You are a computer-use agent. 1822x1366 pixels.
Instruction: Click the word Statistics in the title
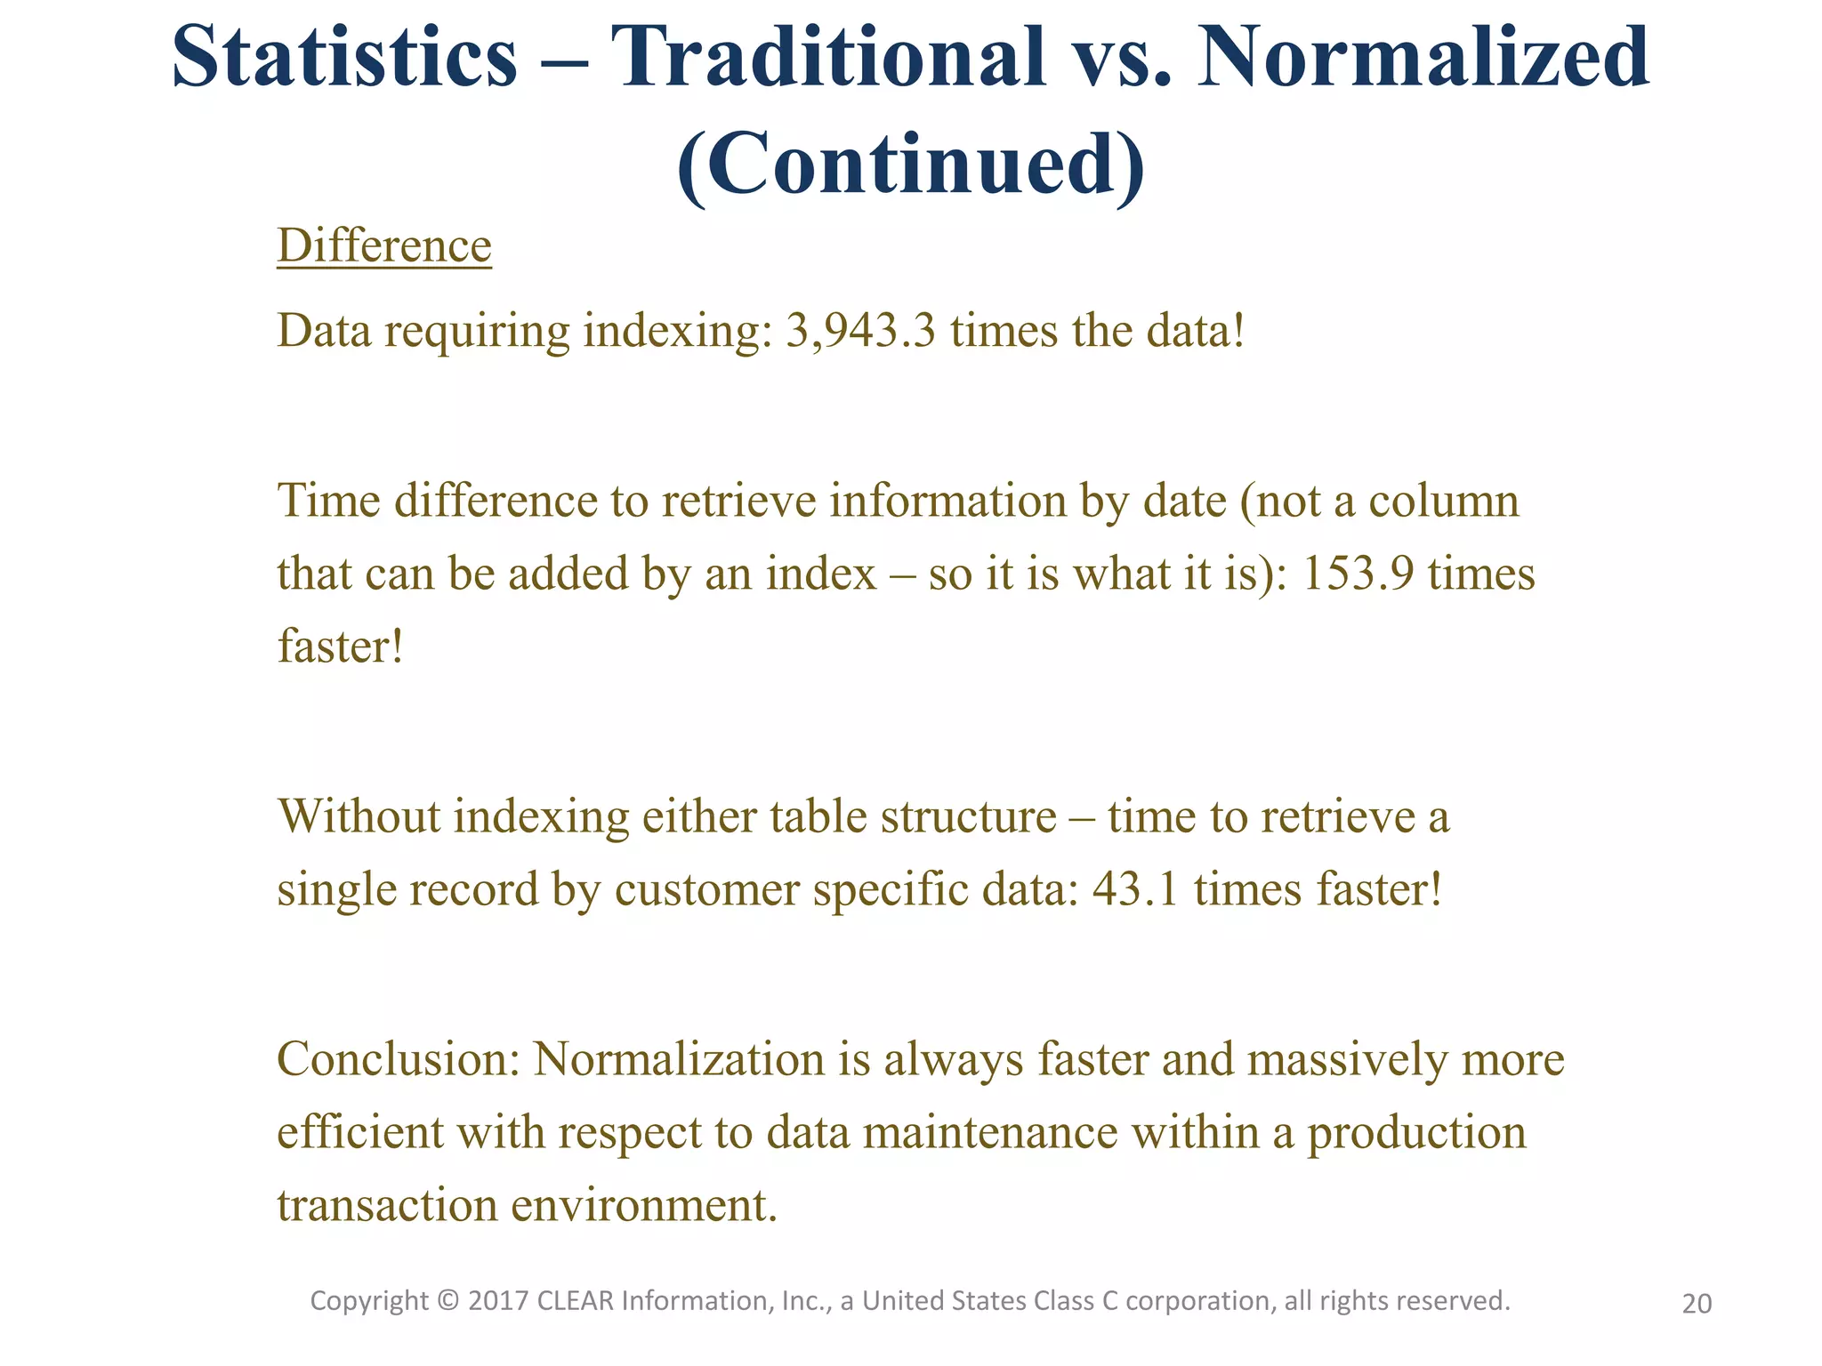click(344, 57)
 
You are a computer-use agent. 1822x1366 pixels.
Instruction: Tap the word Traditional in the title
click(828, 57)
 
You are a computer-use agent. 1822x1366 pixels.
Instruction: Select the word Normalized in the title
click(1423, 57)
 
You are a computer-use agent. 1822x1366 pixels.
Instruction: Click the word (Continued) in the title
click(911, 165)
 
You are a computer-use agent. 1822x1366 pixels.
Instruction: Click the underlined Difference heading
click(384, 245)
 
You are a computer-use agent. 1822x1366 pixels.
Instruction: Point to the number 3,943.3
click(860, 332)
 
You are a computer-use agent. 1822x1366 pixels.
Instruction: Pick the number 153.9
click(1358, 574)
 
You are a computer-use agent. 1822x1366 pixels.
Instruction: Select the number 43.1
click(1135, 889)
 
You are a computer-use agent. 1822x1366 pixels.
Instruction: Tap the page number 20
click(1697, 1304)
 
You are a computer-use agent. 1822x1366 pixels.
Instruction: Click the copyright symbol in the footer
click(449, 1301)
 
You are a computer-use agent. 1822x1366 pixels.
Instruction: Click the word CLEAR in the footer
click(576, 1301)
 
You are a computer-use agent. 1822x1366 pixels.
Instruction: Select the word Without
click(359, 816)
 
